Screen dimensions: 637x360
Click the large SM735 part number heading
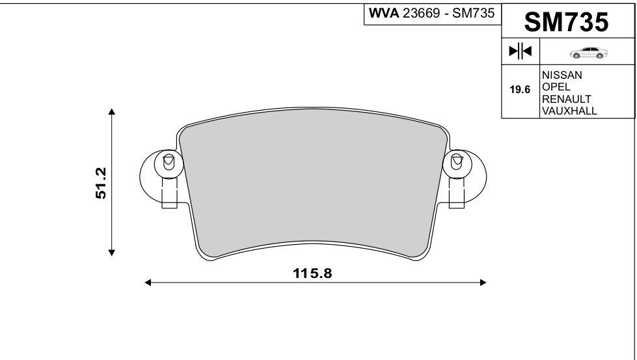tap(566, 21)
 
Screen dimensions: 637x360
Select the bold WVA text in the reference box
tap(384, 13)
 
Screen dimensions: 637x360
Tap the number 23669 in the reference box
tap(421, 13)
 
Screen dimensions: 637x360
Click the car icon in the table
tap(588, 53)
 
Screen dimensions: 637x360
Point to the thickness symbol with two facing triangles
tap(521, 51)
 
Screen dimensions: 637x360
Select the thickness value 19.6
tap(520, 89)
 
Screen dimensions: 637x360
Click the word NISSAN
tap(562, 75)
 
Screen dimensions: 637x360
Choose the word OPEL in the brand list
tap(556, 87)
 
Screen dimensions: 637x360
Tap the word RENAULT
tap(566, 99)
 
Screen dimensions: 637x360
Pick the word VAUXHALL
tap(569, 111)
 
